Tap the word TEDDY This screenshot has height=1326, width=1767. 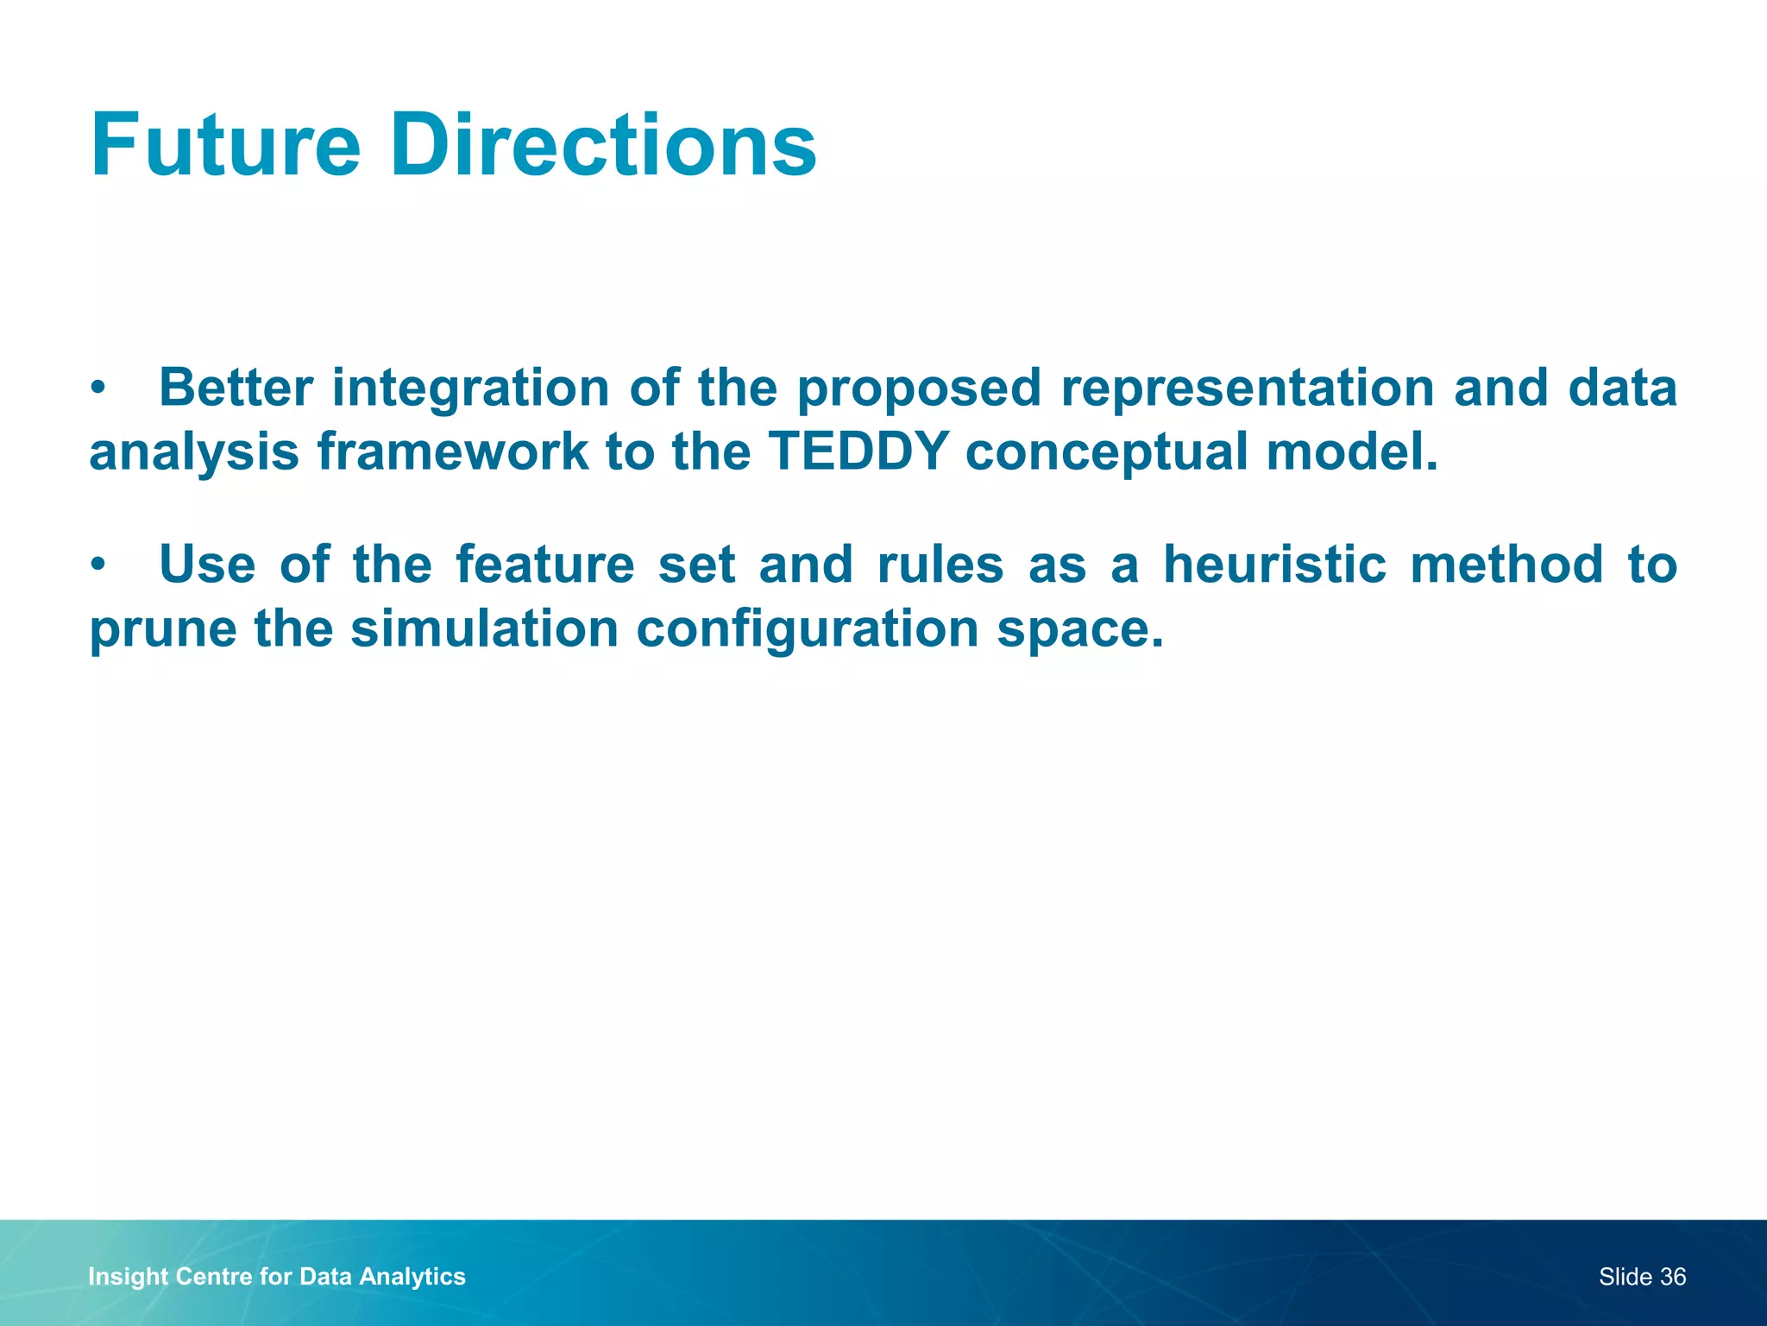pos(858,451)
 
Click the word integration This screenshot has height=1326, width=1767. pos(470,388)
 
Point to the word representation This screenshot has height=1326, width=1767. pos(1248,388)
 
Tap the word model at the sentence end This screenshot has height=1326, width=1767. pos(1350,451)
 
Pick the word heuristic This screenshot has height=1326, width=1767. pos(1274,565)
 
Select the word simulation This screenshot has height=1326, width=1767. pos(484,628)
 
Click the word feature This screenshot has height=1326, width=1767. pos(544,565)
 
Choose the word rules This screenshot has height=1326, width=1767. pos(940,565)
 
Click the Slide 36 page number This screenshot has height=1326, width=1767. pos(1641,1277)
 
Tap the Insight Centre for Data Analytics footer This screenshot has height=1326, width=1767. pos(277,1277)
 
